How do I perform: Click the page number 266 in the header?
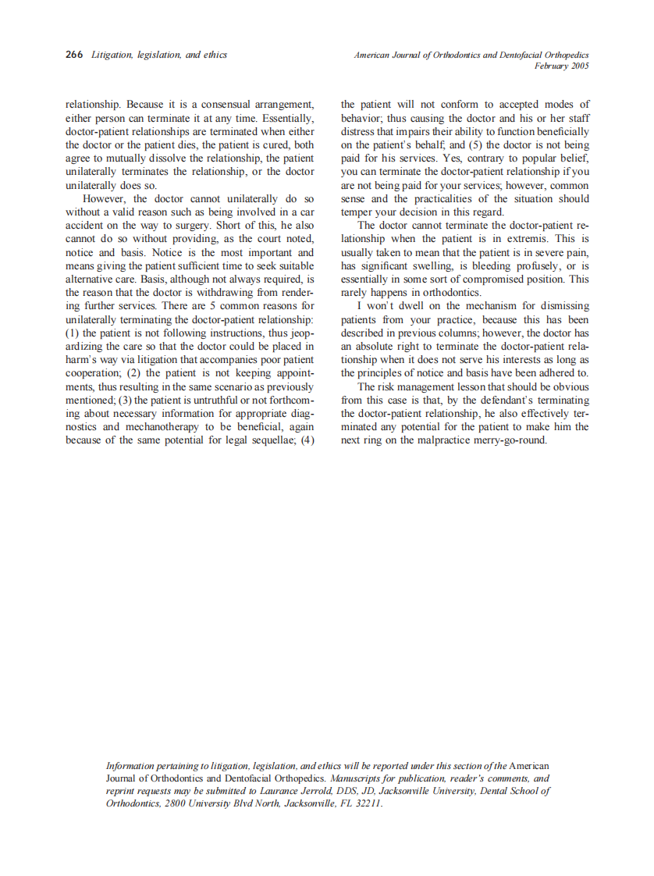(x=74, y=55)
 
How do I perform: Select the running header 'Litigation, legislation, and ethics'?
(x=159, y=55)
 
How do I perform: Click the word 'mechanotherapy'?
(x=165, y=426)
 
